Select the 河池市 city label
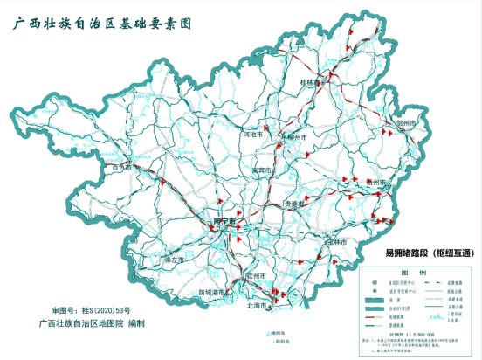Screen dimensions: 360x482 click(252, 135)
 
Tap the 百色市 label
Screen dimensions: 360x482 click(121, 165)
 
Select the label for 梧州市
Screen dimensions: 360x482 click(377, 182)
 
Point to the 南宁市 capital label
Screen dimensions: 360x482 click(224, 222)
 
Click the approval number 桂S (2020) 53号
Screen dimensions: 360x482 click(91, 310)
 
